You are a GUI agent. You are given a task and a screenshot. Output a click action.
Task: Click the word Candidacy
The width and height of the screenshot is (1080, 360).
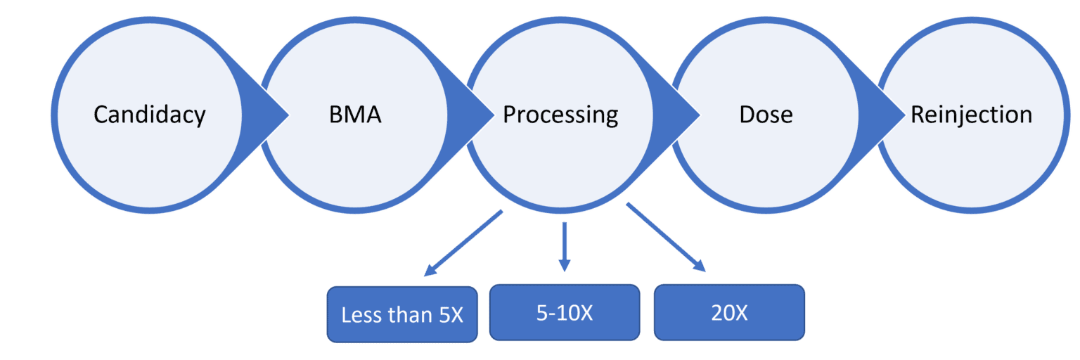[x=149, y=115]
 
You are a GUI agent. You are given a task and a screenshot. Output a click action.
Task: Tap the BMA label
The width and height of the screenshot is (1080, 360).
[x=355, y=115]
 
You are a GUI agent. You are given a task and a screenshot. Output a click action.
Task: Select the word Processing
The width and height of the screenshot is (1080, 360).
[x=560, y=115]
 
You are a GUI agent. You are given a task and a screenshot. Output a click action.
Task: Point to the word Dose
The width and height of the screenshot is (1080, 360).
[x=766, y=115]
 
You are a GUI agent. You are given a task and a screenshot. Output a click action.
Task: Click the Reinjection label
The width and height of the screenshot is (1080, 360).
[x=971, y=115]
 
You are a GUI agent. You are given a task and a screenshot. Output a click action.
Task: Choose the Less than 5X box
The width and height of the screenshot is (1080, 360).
[x=402, y=314]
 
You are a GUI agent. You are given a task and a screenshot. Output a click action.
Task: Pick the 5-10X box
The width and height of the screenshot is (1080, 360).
[x=565, y=312]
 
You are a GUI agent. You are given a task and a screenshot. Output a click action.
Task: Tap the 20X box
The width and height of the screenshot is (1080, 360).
[x=729, y=312]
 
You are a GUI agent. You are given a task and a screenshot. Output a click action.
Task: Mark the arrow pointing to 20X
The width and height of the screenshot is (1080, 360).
[x=665, y=236]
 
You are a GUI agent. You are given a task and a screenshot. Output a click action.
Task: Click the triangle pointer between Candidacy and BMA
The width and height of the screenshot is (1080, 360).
[x=278, y=115]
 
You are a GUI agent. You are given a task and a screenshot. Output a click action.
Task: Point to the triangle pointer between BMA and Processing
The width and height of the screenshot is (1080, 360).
[x=484, y=115]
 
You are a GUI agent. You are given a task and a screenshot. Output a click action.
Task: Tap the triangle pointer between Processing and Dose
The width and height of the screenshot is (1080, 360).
[x=689, y=115]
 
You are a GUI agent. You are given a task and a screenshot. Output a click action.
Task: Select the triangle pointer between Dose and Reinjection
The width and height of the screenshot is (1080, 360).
[x=894, y=115]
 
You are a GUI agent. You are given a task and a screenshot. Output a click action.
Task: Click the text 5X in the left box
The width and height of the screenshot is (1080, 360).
[x=451, y=315]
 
